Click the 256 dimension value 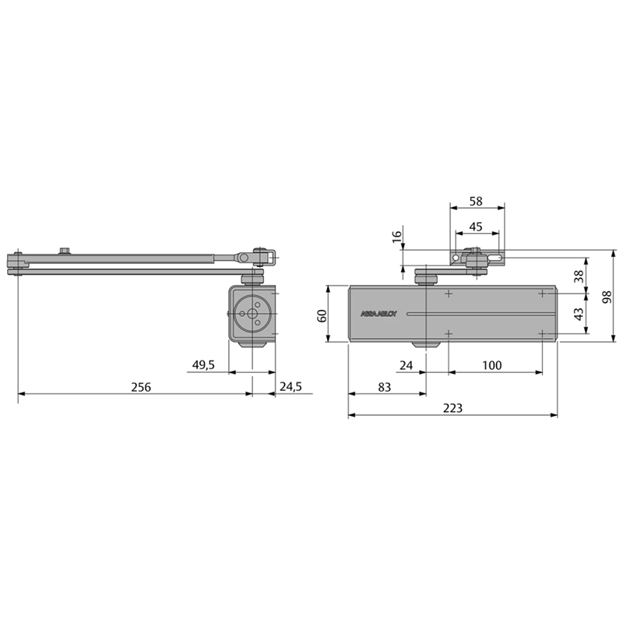(141, 387)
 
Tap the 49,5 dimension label (203, 364)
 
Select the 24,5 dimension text (290, 386)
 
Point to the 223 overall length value (453, 408)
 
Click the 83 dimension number (384, 387)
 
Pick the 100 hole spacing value (492, 365)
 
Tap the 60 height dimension (322, 316)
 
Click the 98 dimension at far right (607, 297)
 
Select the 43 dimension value (579, 314)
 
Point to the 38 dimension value (579, 276)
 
